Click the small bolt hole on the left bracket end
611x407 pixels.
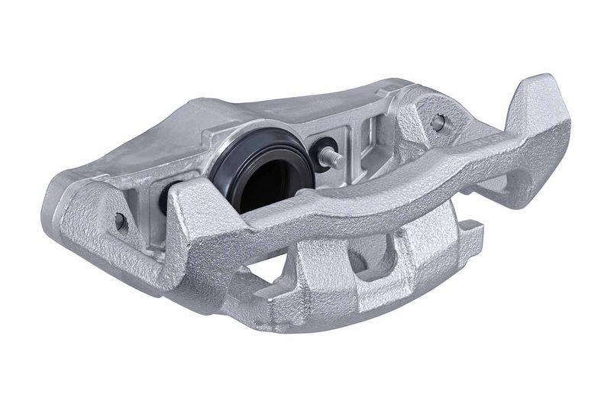120,221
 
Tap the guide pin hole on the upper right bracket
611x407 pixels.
438,122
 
